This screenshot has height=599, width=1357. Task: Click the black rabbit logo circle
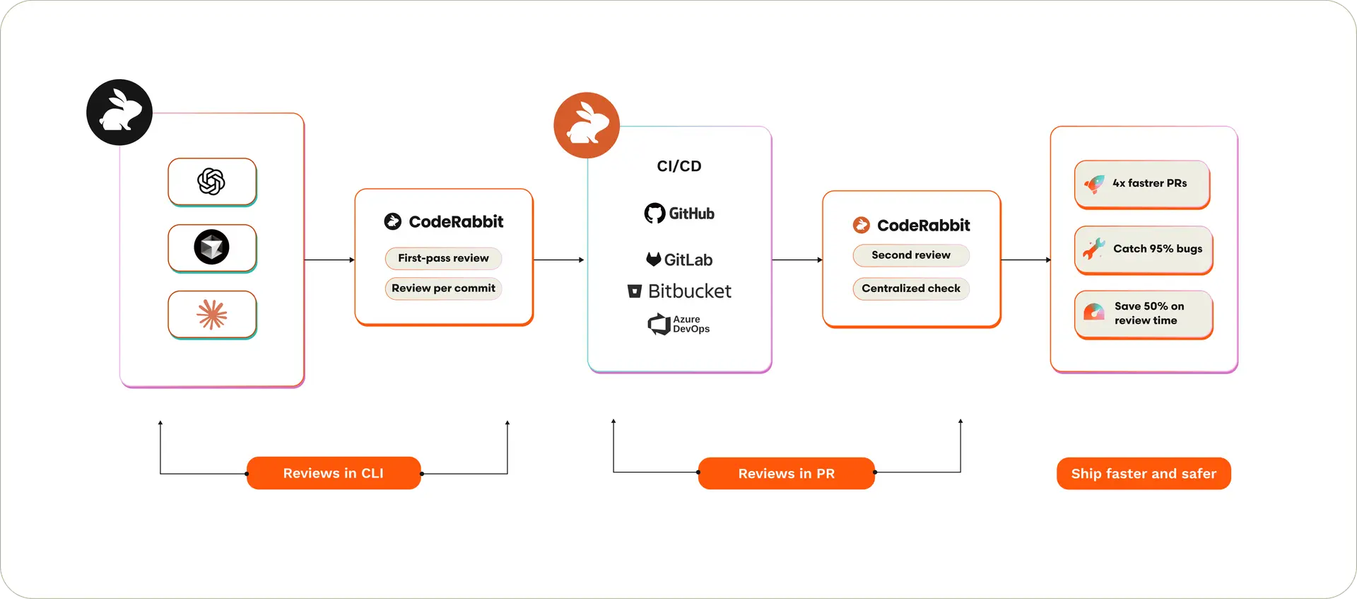coord(119,112)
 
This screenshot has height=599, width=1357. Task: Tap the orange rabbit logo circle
coord(587,125)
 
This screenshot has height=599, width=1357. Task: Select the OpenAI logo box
coord(212,182)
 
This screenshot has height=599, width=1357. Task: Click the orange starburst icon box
coord(212,315)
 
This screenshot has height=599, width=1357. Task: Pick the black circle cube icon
coord(211,248)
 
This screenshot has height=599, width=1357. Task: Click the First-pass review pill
coord(443,258)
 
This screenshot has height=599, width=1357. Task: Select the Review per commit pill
coord(443,289)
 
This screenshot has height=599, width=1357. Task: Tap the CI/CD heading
coord(678,166)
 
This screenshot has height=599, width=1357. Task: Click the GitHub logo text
coord(679,214)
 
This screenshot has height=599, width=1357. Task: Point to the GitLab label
coord(679,260)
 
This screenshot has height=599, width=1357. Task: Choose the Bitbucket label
coord(679,291)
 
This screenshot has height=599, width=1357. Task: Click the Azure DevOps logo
coord(679,324)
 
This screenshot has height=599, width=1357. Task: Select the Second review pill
coord(910,255)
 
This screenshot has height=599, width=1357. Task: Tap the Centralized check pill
coord(910,289)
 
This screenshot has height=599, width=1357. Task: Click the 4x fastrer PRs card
coord(1142,184)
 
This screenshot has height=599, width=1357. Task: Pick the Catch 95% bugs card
coord(1143,250)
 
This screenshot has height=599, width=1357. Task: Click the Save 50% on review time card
coord(1143,314)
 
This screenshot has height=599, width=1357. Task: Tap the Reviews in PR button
coord(786,473)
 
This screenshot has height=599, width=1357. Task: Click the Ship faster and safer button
coord(1143,473)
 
